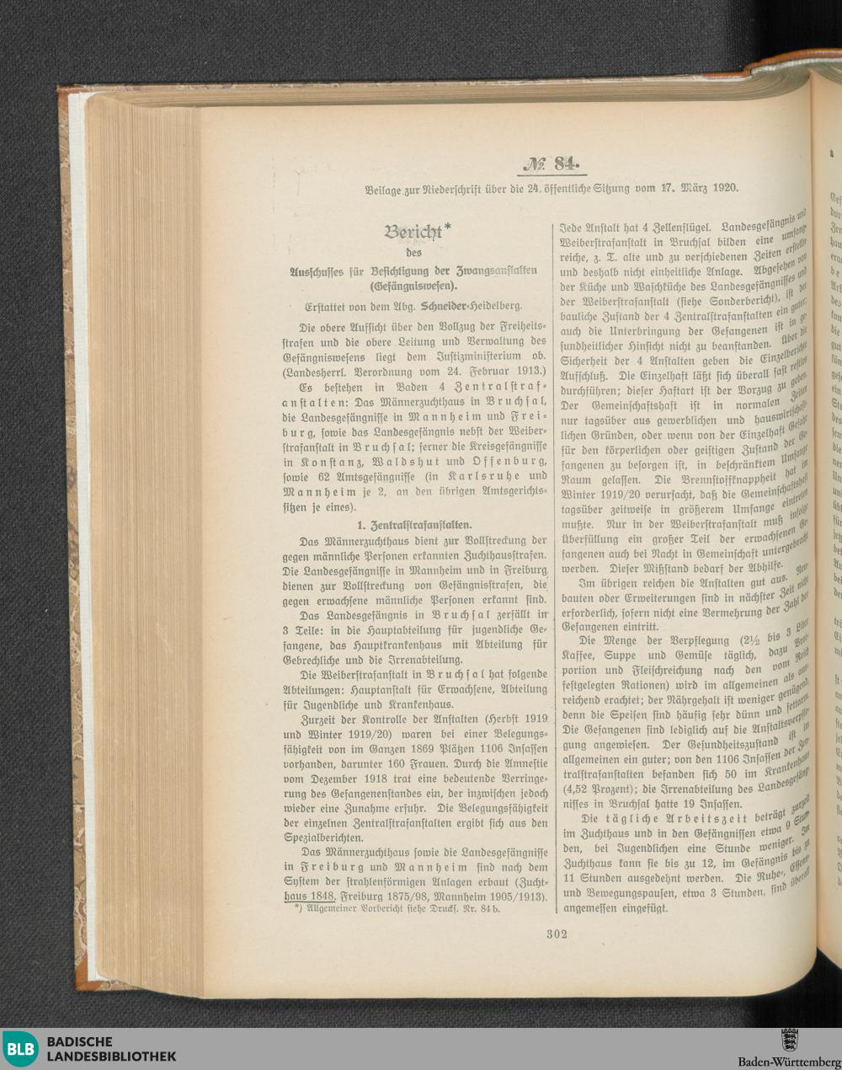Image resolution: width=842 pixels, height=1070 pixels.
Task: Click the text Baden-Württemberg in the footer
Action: (789, 1062)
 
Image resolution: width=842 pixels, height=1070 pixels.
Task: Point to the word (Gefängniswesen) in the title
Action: (417, 285)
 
